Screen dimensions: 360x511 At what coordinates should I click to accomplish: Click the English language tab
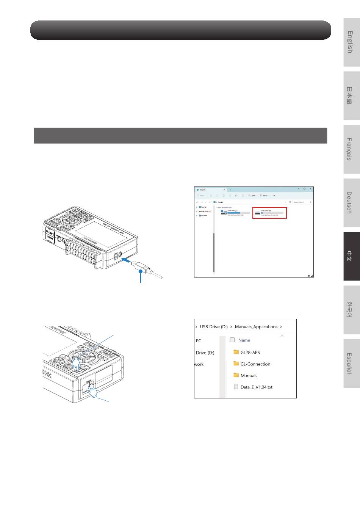[x=352, y=42]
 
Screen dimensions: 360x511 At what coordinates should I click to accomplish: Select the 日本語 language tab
[x=352, y=96]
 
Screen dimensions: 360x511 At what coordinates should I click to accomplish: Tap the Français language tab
[x=352, y=149]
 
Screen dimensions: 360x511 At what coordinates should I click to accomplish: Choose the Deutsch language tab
[x=352, y=202]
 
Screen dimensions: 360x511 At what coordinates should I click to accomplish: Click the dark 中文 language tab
[x=352, y=256]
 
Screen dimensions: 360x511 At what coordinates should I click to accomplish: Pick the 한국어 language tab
[x=352, y=310]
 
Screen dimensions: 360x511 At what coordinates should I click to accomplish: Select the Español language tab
[x=352, y=363]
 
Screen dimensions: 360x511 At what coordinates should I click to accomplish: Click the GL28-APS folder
[x=250, y=353]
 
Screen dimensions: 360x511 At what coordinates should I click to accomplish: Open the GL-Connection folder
[x=255, y=364]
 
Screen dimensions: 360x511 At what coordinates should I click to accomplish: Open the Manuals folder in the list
[x=249, y=376]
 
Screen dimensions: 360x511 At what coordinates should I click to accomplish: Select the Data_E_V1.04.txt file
[x=256, y=387]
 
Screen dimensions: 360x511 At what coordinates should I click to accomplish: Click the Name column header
[x=244, y=340]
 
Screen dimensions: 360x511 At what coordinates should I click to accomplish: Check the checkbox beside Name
[x=232, y=340]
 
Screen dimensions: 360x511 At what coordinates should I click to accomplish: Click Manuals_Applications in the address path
[x=256, y=327]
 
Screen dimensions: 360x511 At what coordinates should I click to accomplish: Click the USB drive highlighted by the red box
[x=269, y=213]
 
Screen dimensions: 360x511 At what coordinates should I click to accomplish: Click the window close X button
[x=311, y=188]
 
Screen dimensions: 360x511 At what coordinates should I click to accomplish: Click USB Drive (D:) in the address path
[x=214, y=327]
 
